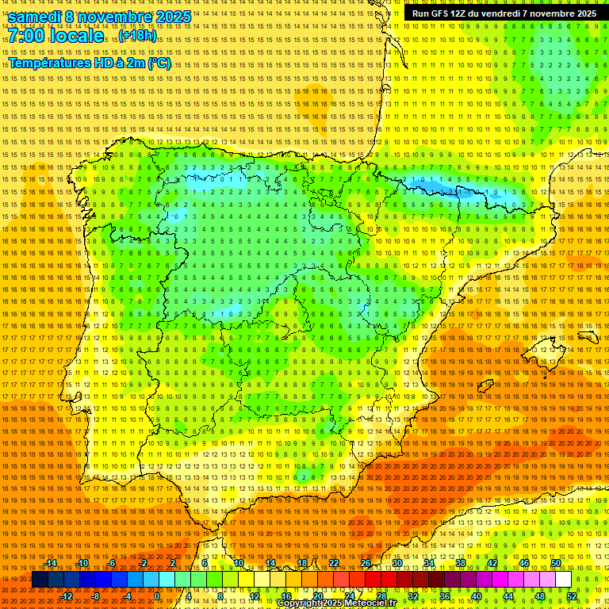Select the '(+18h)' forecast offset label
(x=138, y=36)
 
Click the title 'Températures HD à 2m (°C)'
(x=90, y=63)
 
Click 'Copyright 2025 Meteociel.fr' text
(x=336, y=603)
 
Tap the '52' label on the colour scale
(x=572, y=596)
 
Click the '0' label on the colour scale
(x=157, y=596)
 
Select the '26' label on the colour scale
(x=366, y=563)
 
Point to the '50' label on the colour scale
(x=556, y=563)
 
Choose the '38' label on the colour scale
(x=461, y=563)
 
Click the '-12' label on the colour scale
(x=67, y=596)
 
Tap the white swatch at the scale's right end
(x=563, y=580)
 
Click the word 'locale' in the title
(x=76, y=36)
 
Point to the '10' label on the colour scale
(x=238, y=563)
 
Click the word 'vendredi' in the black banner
(x=498, y=13)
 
